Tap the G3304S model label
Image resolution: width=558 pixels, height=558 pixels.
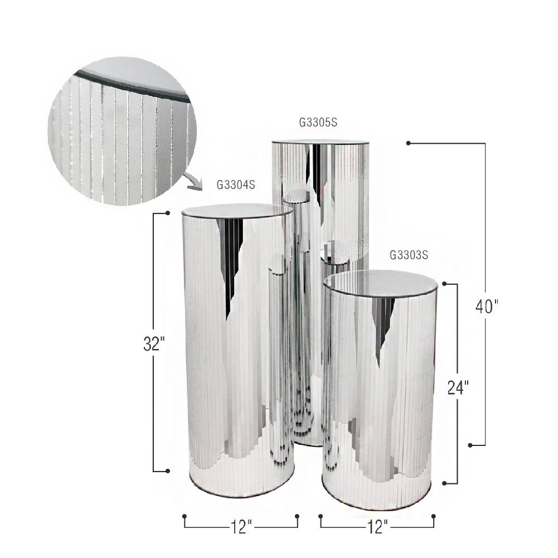(x=236, y=185)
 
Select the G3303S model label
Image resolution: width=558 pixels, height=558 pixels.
(x=409, y=256)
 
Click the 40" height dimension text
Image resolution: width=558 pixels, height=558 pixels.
(x=487, y=306)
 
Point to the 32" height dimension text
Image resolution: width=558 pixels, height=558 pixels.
(x=154, y=344)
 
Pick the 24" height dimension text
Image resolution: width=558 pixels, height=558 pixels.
(x=458, y=387)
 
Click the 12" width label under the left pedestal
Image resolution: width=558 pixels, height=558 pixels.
(x=241, y=526)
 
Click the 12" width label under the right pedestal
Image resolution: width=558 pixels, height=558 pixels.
(x=377, y=526)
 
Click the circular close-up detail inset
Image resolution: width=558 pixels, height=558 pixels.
(x=122, y=131)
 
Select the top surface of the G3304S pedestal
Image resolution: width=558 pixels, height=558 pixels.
(x=237, y=211)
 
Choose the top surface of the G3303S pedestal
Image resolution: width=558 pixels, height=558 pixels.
(x=380, y=283)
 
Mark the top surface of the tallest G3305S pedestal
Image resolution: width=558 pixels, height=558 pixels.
(x=320, y=142)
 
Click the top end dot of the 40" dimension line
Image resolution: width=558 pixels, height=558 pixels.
(x=409, y=143)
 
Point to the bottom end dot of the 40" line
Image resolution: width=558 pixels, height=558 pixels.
(x=470, y=445)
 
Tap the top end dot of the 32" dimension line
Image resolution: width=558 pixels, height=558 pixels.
(x=167, y=213)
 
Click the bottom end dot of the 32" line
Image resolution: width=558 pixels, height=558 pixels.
(x=167, y=471)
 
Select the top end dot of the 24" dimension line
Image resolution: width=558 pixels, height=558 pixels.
(x=444, y=284)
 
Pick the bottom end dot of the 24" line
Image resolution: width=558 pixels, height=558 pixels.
(x=444, y=483)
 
